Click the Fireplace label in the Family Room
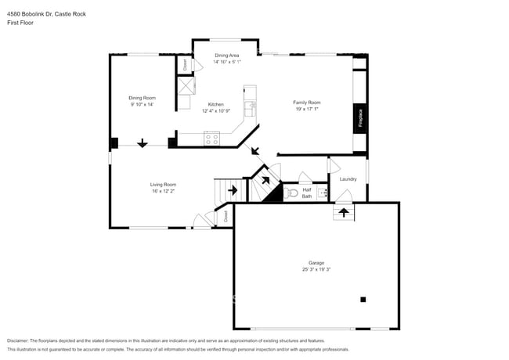pos(360,117)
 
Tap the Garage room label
pos(316,263)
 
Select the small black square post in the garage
pos(363,299)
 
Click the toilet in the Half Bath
pos(292,192)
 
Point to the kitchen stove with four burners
pos(211,139)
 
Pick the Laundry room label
pos(348,179)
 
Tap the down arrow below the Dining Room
pos(143,143)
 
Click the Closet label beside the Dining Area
pos(185,65)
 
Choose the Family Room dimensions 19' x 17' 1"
pos(307,110)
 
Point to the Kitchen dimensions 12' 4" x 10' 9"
pos(216,110)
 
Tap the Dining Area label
pos(227,55)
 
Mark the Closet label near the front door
pos(226,214)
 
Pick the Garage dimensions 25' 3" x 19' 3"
pos(316,270)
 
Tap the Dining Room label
pos(142,98)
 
